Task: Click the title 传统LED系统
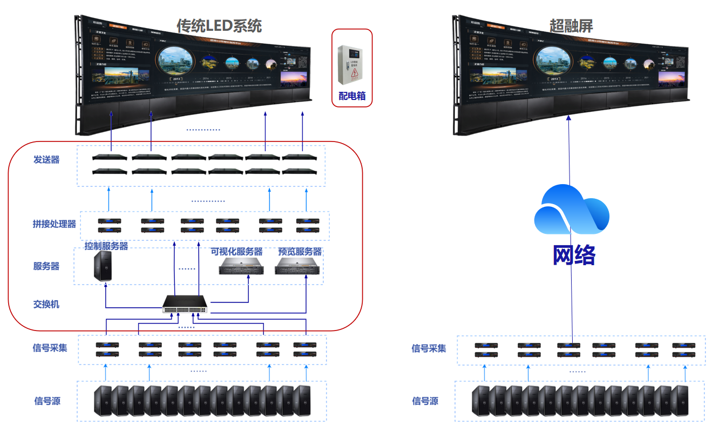coord(219,25)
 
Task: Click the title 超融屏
coord(571,25)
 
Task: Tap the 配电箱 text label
coord(352,96)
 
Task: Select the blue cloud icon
coord(571,209)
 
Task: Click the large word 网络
coord(573,255)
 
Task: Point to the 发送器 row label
coord(46,160)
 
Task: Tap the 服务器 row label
coord(46,266)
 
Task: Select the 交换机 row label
coord(46,304)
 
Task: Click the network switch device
coord(185,305)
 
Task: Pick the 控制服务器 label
coord(106,246)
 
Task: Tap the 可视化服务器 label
coord(236,252)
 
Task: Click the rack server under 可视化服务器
coord(241,266)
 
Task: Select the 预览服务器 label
coord(300,252)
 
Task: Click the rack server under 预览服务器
coord(298,266)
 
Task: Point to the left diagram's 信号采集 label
coord(50,348)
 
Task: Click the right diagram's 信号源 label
coord(425,401)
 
